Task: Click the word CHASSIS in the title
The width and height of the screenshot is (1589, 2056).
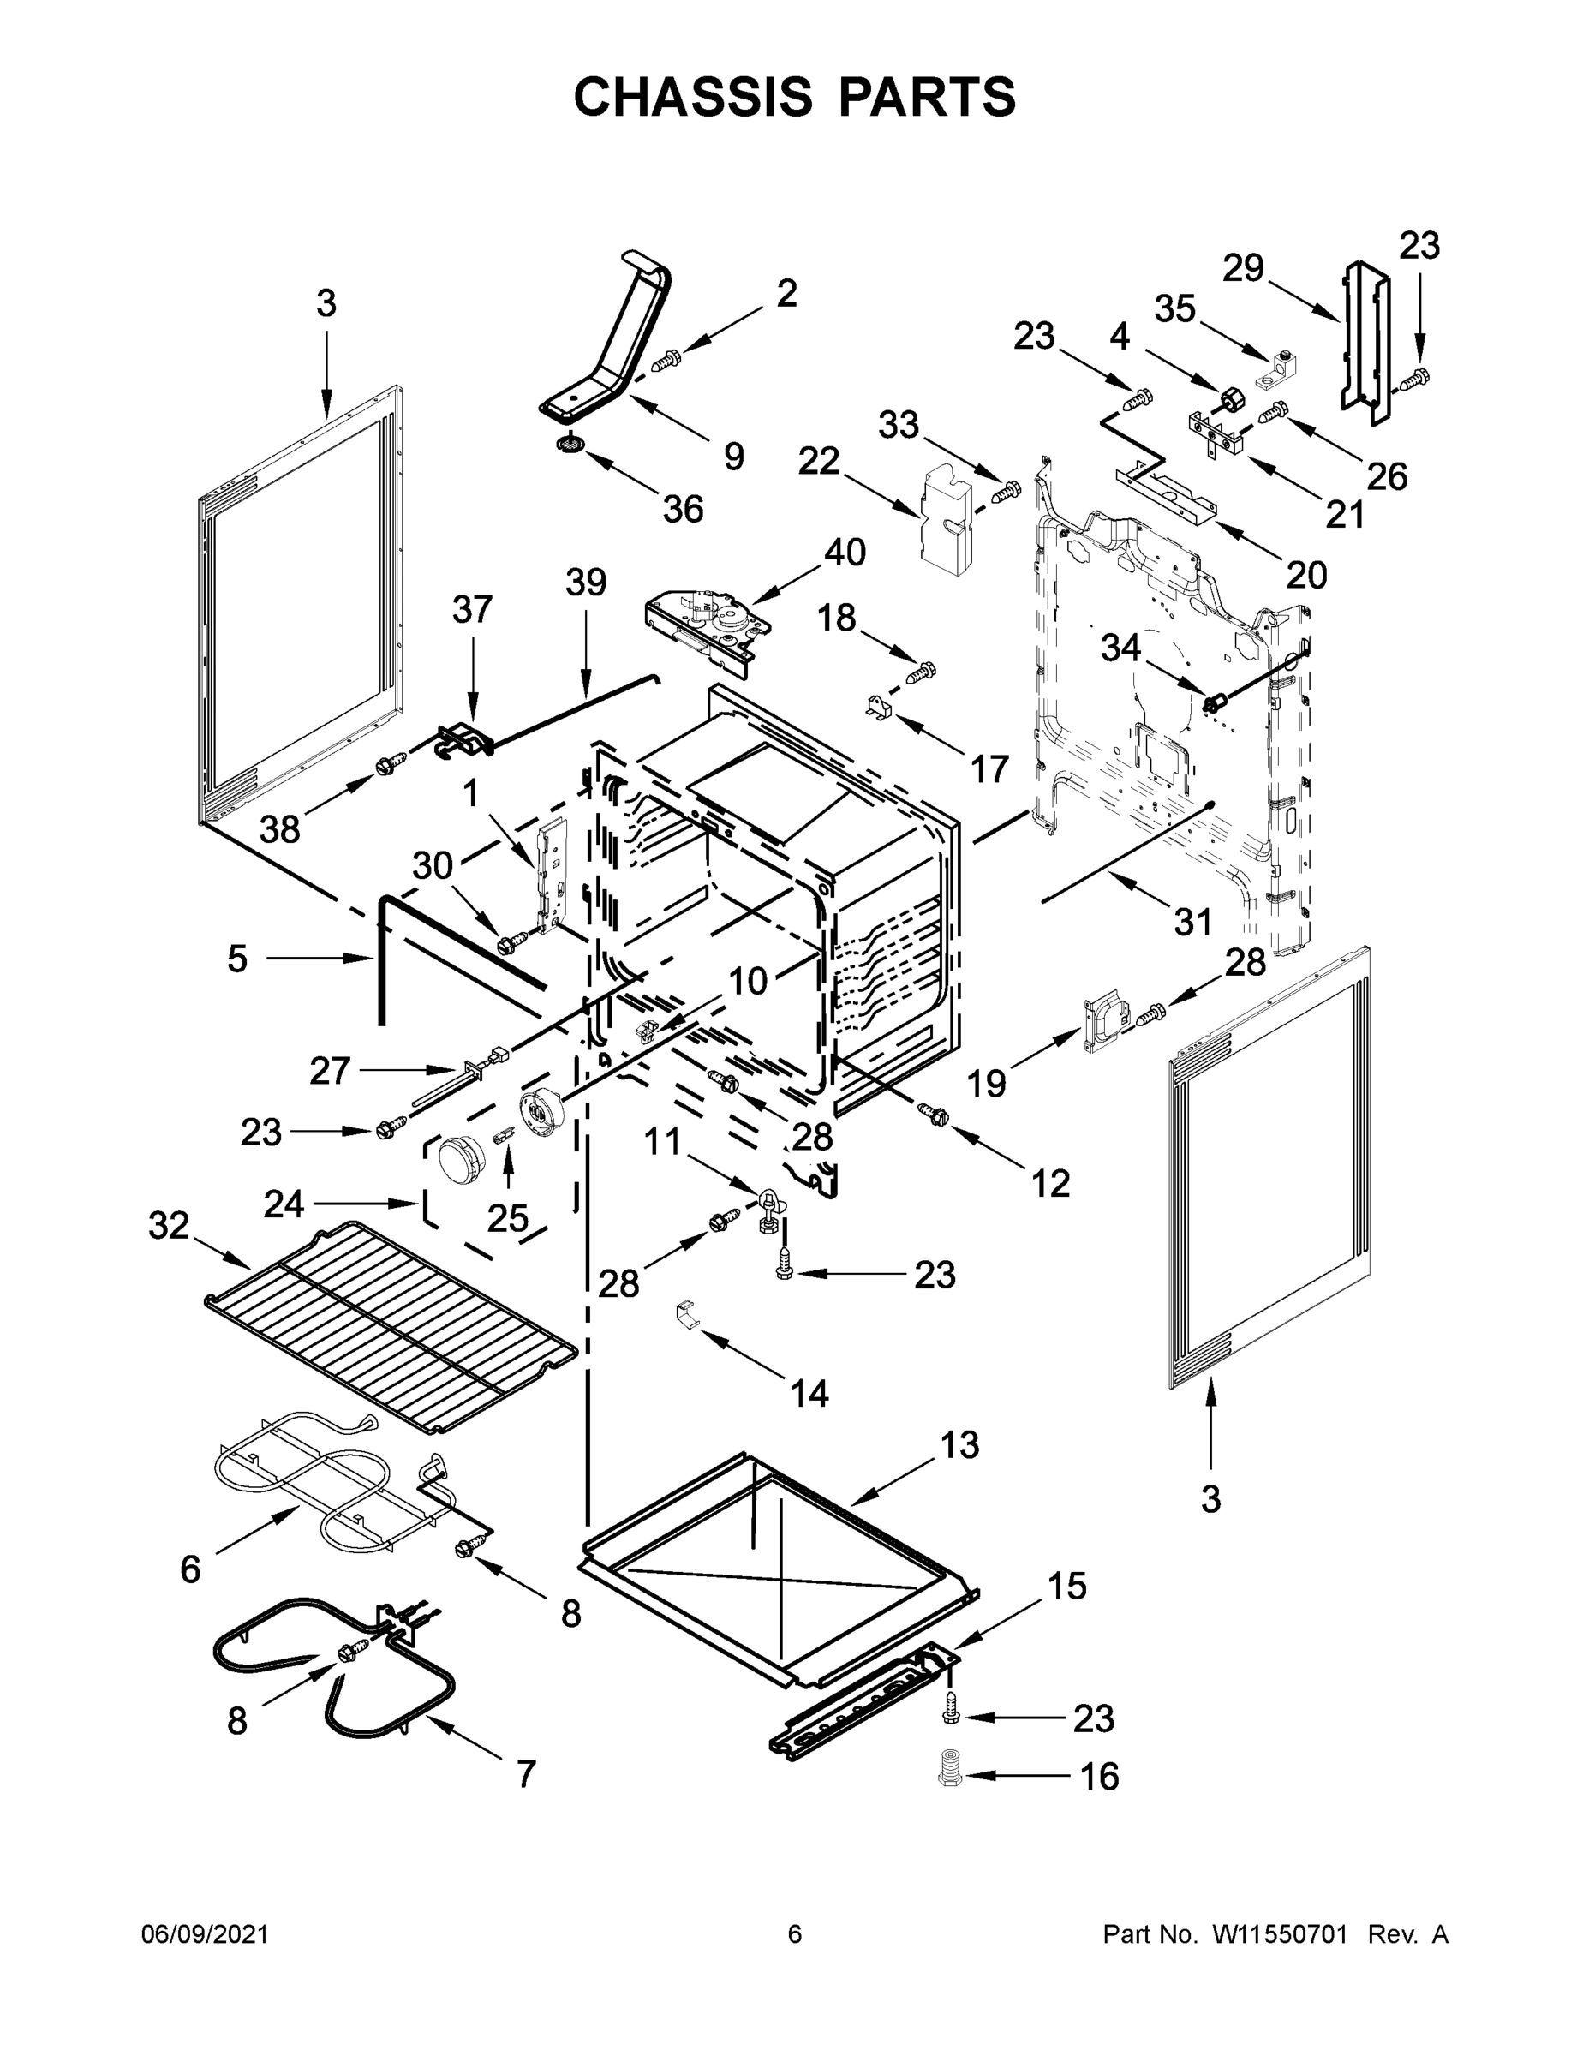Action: point(693,96)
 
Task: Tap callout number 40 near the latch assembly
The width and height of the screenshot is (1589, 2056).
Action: point(845,553)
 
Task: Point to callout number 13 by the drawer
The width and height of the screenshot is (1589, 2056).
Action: point(959,1444)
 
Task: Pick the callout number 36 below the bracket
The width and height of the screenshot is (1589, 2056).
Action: point(683,510)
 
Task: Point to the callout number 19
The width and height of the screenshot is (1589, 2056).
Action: point(987,1085)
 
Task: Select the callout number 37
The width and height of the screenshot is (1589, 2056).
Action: point(472,609)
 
